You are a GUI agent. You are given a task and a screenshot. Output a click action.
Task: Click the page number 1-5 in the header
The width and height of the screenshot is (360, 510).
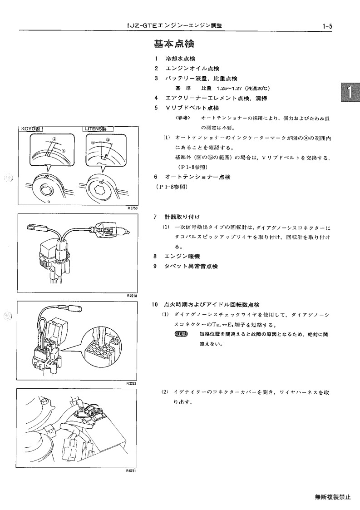326,26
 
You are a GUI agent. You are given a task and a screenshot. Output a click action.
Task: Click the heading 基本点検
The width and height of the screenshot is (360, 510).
174,44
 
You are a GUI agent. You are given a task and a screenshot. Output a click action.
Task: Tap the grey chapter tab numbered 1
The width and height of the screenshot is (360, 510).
350,92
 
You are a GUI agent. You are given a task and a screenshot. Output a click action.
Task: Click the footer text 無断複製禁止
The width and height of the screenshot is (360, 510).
333,497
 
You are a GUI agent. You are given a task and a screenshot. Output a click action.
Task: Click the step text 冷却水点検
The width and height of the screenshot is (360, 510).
181,59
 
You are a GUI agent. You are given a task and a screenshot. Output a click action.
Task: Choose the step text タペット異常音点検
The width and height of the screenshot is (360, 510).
191,267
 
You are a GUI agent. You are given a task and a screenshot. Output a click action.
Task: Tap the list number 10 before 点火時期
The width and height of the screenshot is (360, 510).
155,305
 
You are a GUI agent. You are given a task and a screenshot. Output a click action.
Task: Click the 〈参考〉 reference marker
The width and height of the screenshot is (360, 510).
183,118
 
